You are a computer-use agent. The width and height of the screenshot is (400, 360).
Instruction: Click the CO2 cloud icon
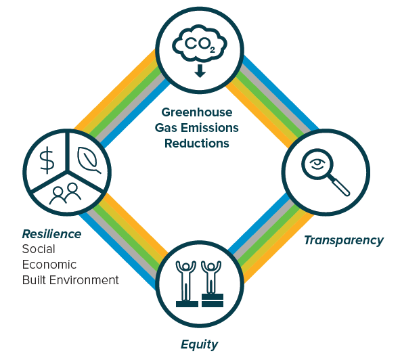pos(200,43)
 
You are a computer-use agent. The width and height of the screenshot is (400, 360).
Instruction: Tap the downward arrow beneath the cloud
pos(200,70)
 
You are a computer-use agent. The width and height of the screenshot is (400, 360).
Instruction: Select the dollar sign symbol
pos(47,160)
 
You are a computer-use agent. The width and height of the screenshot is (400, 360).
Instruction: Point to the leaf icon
pos(89,160)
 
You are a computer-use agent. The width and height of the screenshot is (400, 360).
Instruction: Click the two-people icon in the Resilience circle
pos(65,194)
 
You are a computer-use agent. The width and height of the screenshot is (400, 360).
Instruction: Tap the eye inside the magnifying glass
pos(317,163)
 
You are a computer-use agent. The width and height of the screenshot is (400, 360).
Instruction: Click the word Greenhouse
pos(197,112)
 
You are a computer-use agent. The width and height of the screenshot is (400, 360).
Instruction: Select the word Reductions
pos(197,143)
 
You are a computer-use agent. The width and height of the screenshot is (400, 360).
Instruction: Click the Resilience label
pos(52,234)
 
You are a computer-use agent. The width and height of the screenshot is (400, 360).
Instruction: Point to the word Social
pos(39,249)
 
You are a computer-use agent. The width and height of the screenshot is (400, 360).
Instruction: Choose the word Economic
pos(49,265)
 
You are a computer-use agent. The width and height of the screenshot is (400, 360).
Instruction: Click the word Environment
pos(84,280)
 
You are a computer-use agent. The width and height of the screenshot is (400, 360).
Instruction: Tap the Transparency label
pos(344,241)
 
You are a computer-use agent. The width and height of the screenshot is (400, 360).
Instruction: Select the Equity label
pos(200,344)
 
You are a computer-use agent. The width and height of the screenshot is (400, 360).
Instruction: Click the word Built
pos(35,280)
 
